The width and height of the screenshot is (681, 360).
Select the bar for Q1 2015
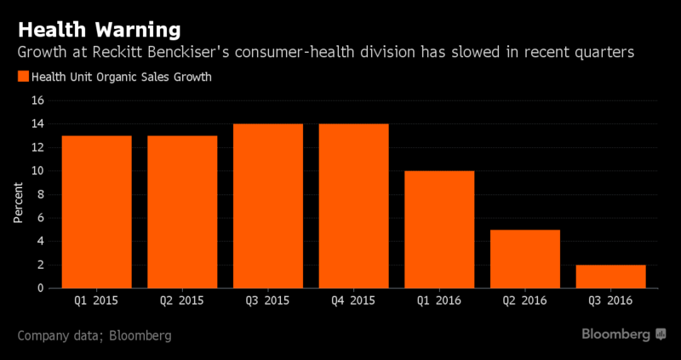tap(97, 212)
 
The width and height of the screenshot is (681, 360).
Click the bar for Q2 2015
tap(182, 212)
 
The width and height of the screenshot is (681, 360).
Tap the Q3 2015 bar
tap(268, 206)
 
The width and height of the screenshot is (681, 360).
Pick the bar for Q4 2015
tap(353, 206)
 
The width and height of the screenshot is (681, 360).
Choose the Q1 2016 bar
tap(439, 229)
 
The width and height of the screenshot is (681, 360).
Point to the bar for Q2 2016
tap(525, 259)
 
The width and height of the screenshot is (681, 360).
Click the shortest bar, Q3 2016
tap(610, 277)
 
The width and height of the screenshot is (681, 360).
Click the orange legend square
tap(23, 77)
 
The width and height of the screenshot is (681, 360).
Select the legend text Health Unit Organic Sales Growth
tap(122, 77)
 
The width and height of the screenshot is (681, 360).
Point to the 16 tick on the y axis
tap(38, 100)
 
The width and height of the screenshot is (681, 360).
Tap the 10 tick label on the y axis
tap(38, 171)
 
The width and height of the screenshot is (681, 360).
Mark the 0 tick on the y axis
tap(41, 289)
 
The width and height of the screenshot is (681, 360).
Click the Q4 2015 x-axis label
tap(353, 300)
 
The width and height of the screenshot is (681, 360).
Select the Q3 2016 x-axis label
tap(610, 300)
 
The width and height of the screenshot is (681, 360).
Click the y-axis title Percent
tap(18, 203)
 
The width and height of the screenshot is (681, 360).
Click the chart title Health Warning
tap(99, 31)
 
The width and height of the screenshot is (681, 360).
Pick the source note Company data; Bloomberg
tap(94, 335)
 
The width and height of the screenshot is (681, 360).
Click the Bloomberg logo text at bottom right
tap(616, 334)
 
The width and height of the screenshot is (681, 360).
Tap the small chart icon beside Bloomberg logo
tap(661, 334)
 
